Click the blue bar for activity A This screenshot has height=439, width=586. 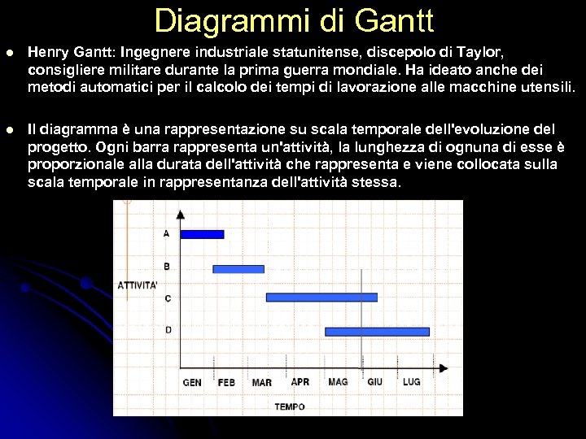pyautogui.click(x=201, y=234)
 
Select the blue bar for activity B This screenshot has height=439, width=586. pyautogui.click(x=238, y=268)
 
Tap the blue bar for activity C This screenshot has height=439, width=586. pyautogui.click(x=321, y=298)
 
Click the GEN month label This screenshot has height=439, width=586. pyautogui.click(x=192, y=382)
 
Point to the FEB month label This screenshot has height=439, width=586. pyautogui.click(x=226, y=382)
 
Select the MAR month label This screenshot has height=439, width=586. pyautogui.click(x=262, y=382)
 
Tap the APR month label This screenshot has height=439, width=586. pyautogui.click(x=300, y=381)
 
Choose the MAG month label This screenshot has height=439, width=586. pyautogui.click(x=338, y=381)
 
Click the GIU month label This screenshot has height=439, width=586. pyautogui.click(x=375, y=381)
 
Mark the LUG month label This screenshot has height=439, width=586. pyautogui.click(x=412, y=381)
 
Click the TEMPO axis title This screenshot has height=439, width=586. pyautogui.click(x=290, y=406)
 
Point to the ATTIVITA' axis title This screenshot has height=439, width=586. pyautogui.click(x=138, y=285)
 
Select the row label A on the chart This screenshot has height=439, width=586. pyautogui.click(x=167, y=233)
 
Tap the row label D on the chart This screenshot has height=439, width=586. pyautogui.click(x=168, y=330)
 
